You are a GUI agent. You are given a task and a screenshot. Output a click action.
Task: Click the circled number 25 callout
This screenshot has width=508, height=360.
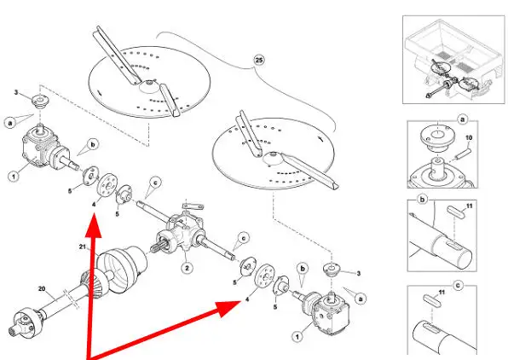(258, 60)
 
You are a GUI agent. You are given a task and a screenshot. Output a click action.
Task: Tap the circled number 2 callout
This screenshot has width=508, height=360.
(187, 268)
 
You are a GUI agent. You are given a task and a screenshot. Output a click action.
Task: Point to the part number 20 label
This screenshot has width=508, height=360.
(42, 288)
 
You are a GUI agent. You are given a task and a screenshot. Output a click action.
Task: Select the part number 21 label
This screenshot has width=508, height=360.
(83, 247)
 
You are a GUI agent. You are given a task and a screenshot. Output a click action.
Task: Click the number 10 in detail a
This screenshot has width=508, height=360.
(469, 138)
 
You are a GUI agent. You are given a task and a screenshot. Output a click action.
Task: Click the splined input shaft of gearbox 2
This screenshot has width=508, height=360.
(159, 246)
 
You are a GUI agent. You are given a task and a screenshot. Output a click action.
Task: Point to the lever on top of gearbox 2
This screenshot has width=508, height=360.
(193, 206)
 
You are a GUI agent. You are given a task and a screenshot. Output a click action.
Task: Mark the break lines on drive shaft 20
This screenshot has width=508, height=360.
(72, 299)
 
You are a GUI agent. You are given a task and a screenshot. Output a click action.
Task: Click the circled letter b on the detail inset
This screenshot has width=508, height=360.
(422, 200)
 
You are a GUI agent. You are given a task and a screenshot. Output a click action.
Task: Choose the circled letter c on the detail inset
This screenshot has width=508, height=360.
(458, 286)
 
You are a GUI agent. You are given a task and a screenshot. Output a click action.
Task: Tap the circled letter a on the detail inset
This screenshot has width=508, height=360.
(462, 119)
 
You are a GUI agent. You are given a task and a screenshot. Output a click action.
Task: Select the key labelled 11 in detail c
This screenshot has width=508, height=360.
(432, 299)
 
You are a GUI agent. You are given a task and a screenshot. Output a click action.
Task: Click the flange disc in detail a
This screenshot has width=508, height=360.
(437, 137)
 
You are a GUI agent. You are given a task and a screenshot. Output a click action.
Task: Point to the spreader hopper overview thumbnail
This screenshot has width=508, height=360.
(453, 60)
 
